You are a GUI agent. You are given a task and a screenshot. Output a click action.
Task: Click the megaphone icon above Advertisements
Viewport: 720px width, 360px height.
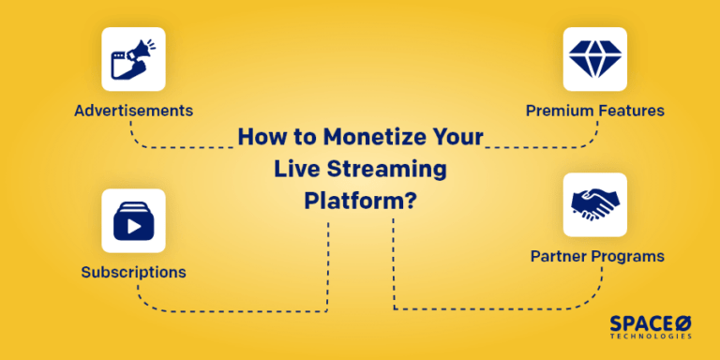tap(133, 59)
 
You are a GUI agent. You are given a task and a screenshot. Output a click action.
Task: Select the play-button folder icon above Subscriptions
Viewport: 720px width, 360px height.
tap(133, 220)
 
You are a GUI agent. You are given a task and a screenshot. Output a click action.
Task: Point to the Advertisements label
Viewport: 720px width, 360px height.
tap(133, 111)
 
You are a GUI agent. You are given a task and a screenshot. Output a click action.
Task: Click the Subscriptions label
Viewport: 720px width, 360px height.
tap(133, 273)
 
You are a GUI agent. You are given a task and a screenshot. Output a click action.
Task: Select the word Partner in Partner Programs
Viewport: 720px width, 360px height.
tap(557, 256)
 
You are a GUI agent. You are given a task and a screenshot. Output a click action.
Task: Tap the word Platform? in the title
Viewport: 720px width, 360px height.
tap(361, 202)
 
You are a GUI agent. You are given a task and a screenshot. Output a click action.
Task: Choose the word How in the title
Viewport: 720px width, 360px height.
tap(259, 138)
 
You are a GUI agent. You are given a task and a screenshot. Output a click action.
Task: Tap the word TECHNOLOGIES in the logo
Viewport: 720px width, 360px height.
tap(651, 336)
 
